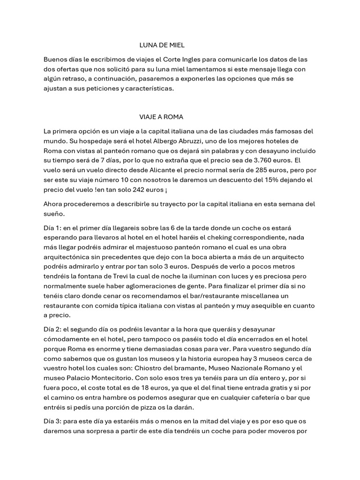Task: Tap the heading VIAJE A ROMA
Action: click(158, 116)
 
